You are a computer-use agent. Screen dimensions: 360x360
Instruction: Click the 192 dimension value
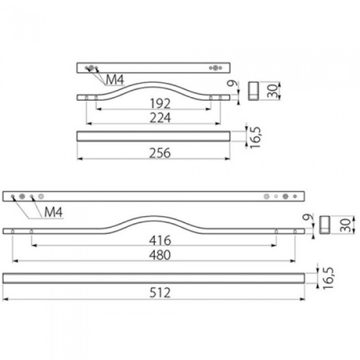160,104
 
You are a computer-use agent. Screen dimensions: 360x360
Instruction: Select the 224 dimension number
160,118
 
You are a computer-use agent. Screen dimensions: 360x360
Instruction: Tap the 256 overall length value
160,153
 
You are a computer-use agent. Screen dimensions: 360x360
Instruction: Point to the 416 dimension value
160,241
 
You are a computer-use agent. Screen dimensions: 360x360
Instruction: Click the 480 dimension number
160,255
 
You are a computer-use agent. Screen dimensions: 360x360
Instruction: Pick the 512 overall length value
160,293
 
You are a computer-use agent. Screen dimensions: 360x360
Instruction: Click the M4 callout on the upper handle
115,80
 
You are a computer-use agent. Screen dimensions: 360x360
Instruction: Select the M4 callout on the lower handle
53,212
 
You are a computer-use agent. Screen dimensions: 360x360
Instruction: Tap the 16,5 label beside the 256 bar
256,137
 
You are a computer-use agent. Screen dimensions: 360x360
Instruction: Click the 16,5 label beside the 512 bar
328,278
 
